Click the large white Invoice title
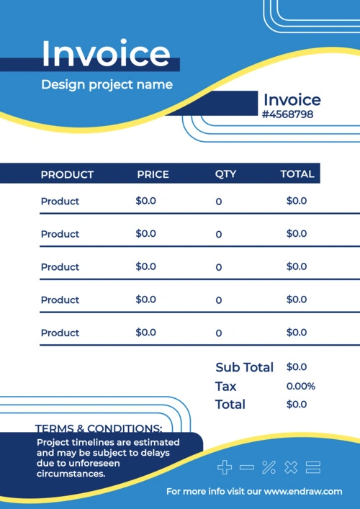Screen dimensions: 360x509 coord(106,53)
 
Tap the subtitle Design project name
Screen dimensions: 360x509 coord(107,85)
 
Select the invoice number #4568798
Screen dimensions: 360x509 coord(287,114)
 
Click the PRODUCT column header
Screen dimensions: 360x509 coord(67,175)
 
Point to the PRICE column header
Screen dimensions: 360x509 coord(153,175)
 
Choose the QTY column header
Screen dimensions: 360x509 coord(225,174)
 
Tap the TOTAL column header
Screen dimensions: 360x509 coord(297,174)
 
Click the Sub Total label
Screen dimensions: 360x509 coord(244,367)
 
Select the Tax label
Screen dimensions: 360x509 coord(225,387)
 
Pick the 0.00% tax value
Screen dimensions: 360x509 coord(301,387)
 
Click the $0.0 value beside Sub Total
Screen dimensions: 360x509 coord(297,367)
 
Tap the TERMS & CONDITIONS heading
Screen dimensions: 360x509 coord(99,428)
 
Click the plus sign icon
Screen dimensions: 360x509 coord(225,467)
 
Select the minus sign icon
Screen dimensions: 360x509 coord(247,467)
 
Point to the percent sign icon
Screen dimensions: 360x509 coord(269,467)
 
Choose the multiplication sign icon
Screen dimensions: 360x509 coord(291,467)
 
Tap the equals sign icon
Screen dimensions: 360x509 coord(313,467)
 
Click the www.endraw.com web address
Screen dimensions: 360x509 coord(303,492)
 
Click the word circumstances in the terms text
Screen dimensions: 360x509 coord(71,474)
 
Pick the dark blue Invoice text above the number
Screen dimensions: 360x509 coord(292,99)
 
